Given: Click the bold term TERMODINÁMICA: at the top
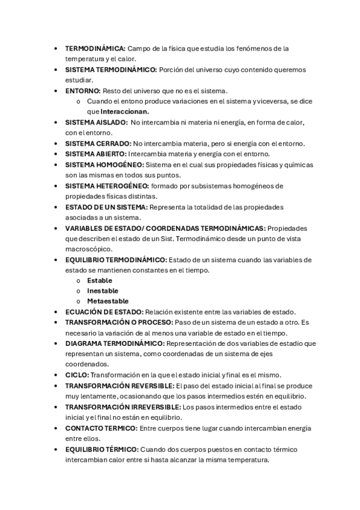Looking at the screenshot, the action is click(95, 48).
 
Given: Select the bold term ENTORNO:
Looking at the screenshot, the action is click(83, 91).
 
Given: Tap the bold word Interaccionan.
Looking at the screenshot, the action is click(124, 111).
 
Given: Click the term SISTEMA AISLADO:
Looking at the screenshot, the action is click(96, 122).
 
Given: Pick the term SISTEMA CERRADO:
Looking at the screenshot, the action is click(97, 143).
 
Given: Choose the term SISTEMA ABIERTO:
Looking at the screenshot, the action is click(96, 154).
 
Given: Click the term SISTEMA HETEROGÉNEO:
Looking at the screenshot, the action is click(107, 186).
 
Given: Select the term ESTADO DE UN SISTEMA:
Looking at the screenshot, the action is click(106, 207).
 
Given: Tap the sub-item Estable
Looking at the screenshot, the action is click(99, 280).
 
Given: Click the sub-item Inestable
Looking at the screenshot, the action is click(102, 290).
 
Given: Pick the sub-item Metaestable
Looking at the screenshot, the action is click(108, 301).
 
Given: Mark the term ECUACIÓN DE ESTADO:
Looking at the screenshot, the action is click(104, 312).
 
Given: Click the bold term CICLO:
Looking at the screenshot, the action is click(76, 374).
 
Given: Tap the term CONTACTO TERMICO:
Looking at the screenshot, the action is click(100, 428).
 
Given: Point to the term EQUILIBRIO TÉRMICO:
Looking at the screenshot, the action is click(102, 449).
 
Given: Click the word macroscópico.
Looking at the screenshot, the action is click(86, 249).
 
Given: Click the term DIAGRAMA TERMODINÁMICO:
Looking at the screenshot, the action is click(114, 343).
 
